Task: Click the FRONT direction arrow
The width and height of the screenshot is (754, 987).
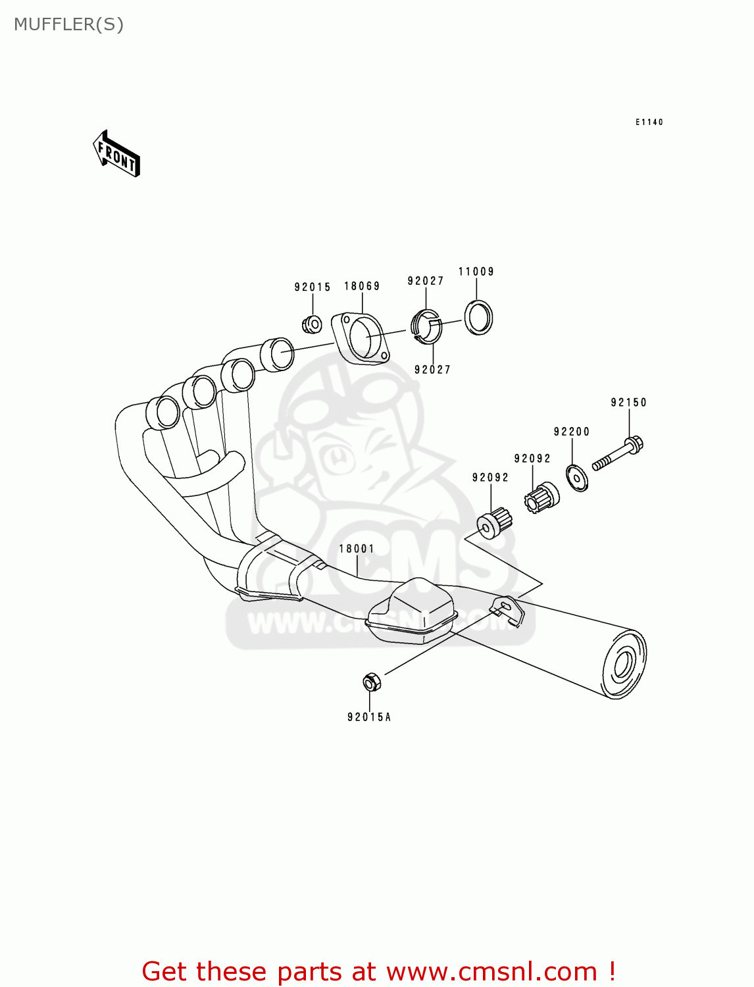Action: coord(116,153)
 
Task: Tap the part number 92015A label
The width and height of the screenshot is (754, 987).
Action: coord(369,717)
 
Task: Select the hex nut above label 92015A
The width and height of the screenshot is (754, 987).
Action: coord(370,682)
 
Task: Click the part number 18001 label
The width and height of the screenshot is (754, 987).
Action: coord(357,549)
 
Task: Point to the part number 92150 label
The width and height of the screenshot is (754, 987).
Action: coord(628,403)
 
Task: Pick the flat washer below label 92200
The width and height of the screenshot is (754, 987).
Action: coord(577,478)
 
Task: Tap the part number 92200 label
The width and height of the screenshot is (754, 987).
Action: coord(572,432)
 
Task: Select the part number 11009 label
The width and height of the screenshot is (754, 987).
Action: coord(476,272)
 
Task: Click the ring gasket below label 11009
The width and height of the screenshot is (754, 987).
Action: coord(478,318)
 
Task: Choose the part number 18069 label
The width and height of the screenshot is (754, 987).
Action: coord(362,286)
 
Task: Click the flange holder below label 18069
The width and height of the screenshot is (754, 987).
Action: coord(361,338)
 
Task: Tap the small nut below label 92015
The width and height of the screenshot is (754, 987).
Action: coord(311,324)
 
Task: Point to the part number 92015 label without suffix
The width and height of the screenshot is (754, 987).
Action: coord(313,287)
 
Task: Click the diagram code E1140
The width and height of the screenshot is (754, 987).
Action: coord(649,122)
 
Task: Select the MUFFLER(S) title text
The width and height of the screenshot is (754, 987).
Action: coord(68,24)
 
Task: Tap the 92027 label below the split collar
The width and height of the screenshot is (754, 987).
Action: coord(432,370)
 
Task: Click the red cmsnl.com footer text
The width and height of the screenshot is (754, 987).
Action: coord(378,971)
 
